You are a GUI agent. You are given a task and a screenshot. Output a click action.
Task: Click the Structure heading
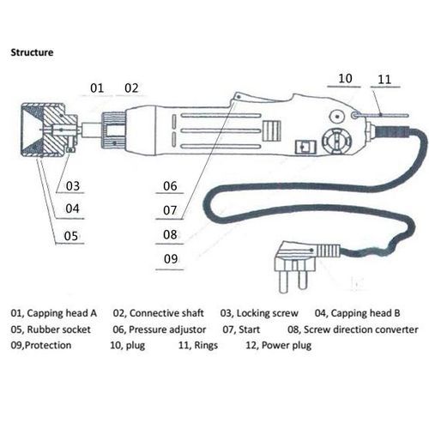tap(32, 52)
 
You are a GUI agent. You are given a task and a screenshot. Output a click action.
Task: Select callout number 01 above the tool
tap(97, 88)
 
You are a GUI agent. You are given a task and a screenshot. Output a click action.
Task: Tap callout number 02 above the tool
tap(131, 88)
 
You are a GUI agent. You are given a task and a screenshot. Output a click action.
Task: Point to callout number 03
tap(73, 186)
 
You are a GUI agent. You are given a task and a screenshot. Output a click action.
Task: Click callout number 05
tap(71, 236)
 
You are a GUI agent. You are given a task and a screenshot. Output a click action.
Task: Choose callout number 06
tap(170, 186)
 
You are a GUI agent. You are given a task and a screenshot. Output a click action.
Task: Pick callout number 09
tap(171, 259)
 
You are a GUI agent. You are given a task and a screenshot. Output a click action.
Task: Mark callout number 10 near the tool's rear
tap(345, 78)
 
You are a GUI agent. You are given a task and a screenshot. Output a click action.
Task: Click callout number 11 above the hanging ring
tap(384, 80)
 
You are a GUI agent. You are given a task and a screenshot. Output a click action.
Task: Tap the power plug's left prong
tap(283, 281)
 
